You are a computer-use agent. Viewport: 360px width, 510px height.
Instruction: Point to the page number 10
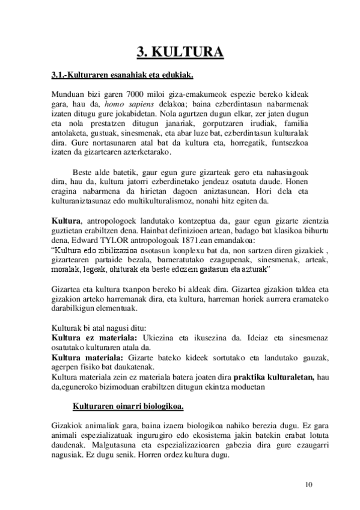click(309, 484)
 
